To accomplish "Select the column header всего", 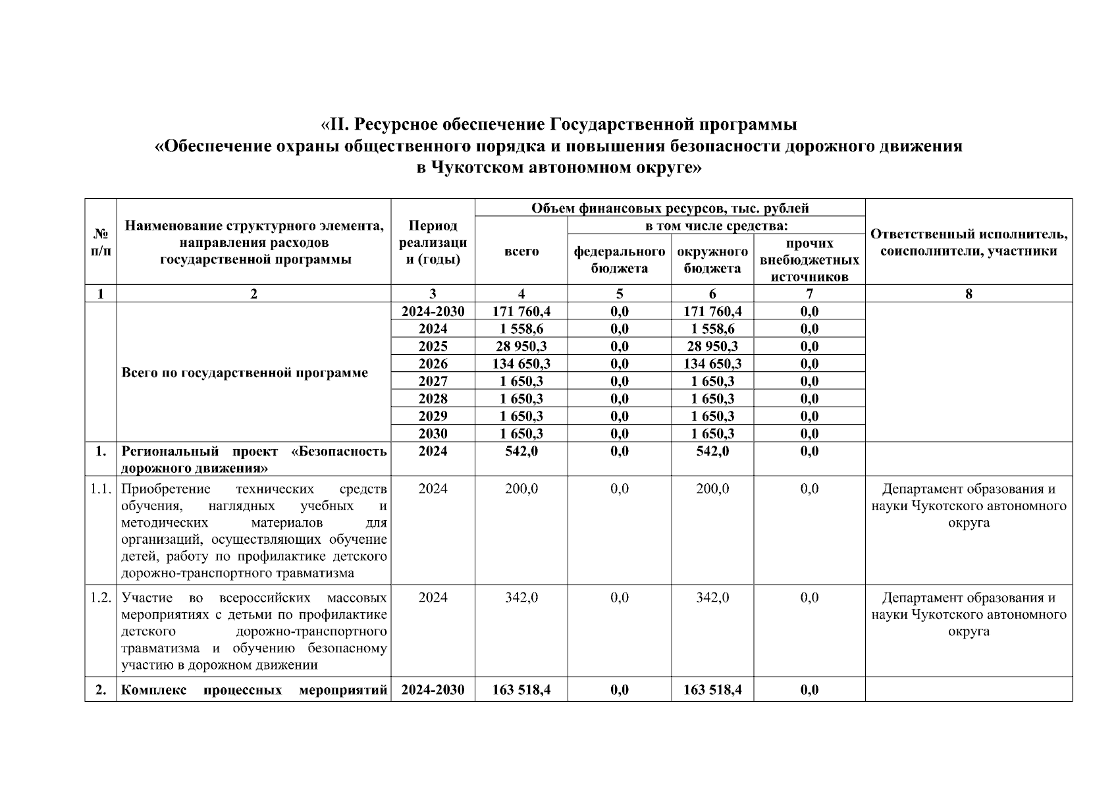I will (521, 251).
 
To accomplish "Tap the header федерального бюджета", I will (619, 259).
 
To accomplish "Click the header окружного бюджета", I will (712, 259).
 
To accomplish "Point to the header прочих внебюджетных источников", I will (809, 259).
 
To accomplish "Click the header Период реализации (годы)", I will (433, 242).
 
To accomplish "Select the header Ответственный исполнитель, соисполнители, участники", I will (969, 242).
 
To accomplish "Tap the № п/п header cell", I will (101, 242).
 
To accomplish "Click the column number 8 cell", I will (969, 294).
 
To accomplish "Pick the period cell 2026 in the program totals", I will (433, 363).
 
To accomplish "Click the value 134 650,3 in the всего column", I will (521, 363).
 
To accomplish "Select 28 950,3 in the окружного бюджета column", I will (712, 346).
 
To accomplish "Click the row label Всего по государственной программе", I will (245, 373).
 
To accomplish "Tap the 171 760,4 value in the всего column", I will (521, 311).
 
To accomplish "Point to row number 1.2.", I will (101, 598).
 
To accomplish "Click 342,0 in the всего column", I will (521, 598).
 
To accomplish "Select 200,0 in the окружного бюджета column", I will (712, 488).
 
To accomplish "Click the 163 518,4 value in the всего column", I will (521, 690).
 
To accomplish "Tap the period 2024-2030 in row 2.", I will (433, 690).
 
